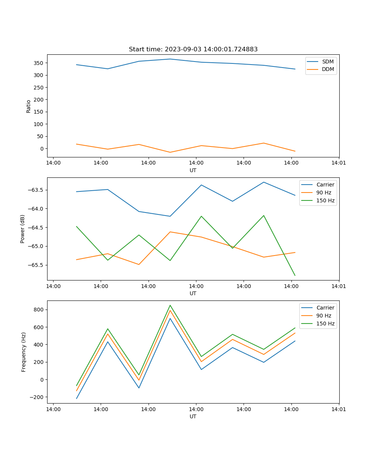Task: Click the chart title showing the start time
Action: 193,49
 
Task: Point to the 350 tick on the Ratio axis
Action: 39,63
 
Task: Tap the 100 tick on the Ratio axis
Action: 39,124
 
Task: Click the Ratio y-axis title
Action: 29,106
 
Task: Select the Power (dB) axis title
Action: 23,229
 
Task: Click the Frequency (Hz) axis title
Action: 23,352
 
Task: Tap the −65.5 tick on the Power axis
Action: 36,265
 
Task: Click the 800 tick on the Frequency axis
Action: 39,310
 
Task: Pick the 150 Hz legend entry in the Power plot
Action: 325,200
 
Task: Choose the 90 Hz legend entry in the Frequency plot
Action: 324,316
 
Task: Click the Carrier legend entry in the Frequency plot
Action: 325,308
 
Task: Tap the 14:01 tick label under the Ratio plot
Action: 339,163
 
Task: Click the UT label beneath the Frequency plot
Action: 193,416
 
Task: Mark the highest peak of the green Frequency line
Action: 170,305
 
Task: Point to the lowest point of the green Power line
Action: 295,276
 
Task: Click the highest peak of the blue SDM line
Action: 170,59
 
